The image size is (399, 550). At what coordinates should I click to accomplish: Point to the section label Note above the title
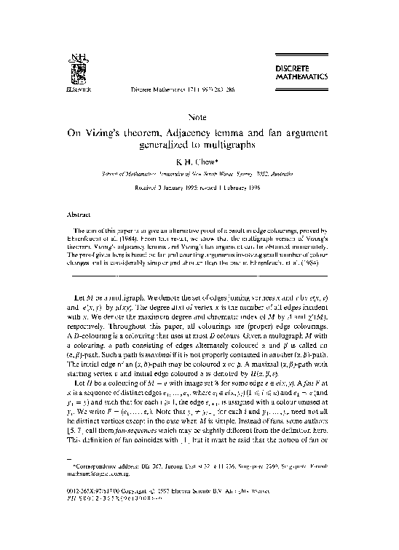click(x=198, y=116)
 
